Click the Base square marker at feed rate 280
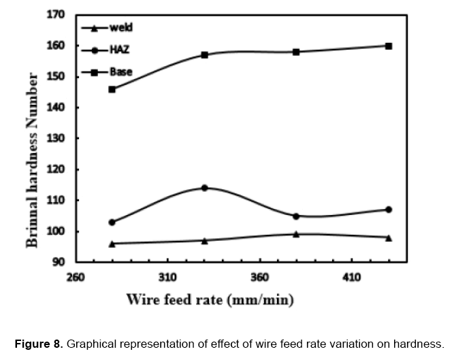point(112,89)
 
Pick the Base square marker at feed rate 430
point(389,46)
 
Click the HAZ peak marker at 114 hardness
point(204,188)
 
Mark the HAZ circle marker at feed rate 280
point(112,222)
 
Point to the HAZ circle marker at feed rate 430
point(389,210)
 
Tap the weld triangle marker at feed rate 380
point(296,234)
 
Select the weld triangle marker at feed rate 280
point(112,244)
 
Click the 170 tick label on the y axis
point(56,14)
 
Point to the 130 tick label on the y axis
point(56,138)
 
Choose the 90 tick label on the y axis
point(59,262)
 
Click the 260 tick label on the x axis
point(75,278)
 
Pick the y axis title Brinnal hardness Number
point(32,140)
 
